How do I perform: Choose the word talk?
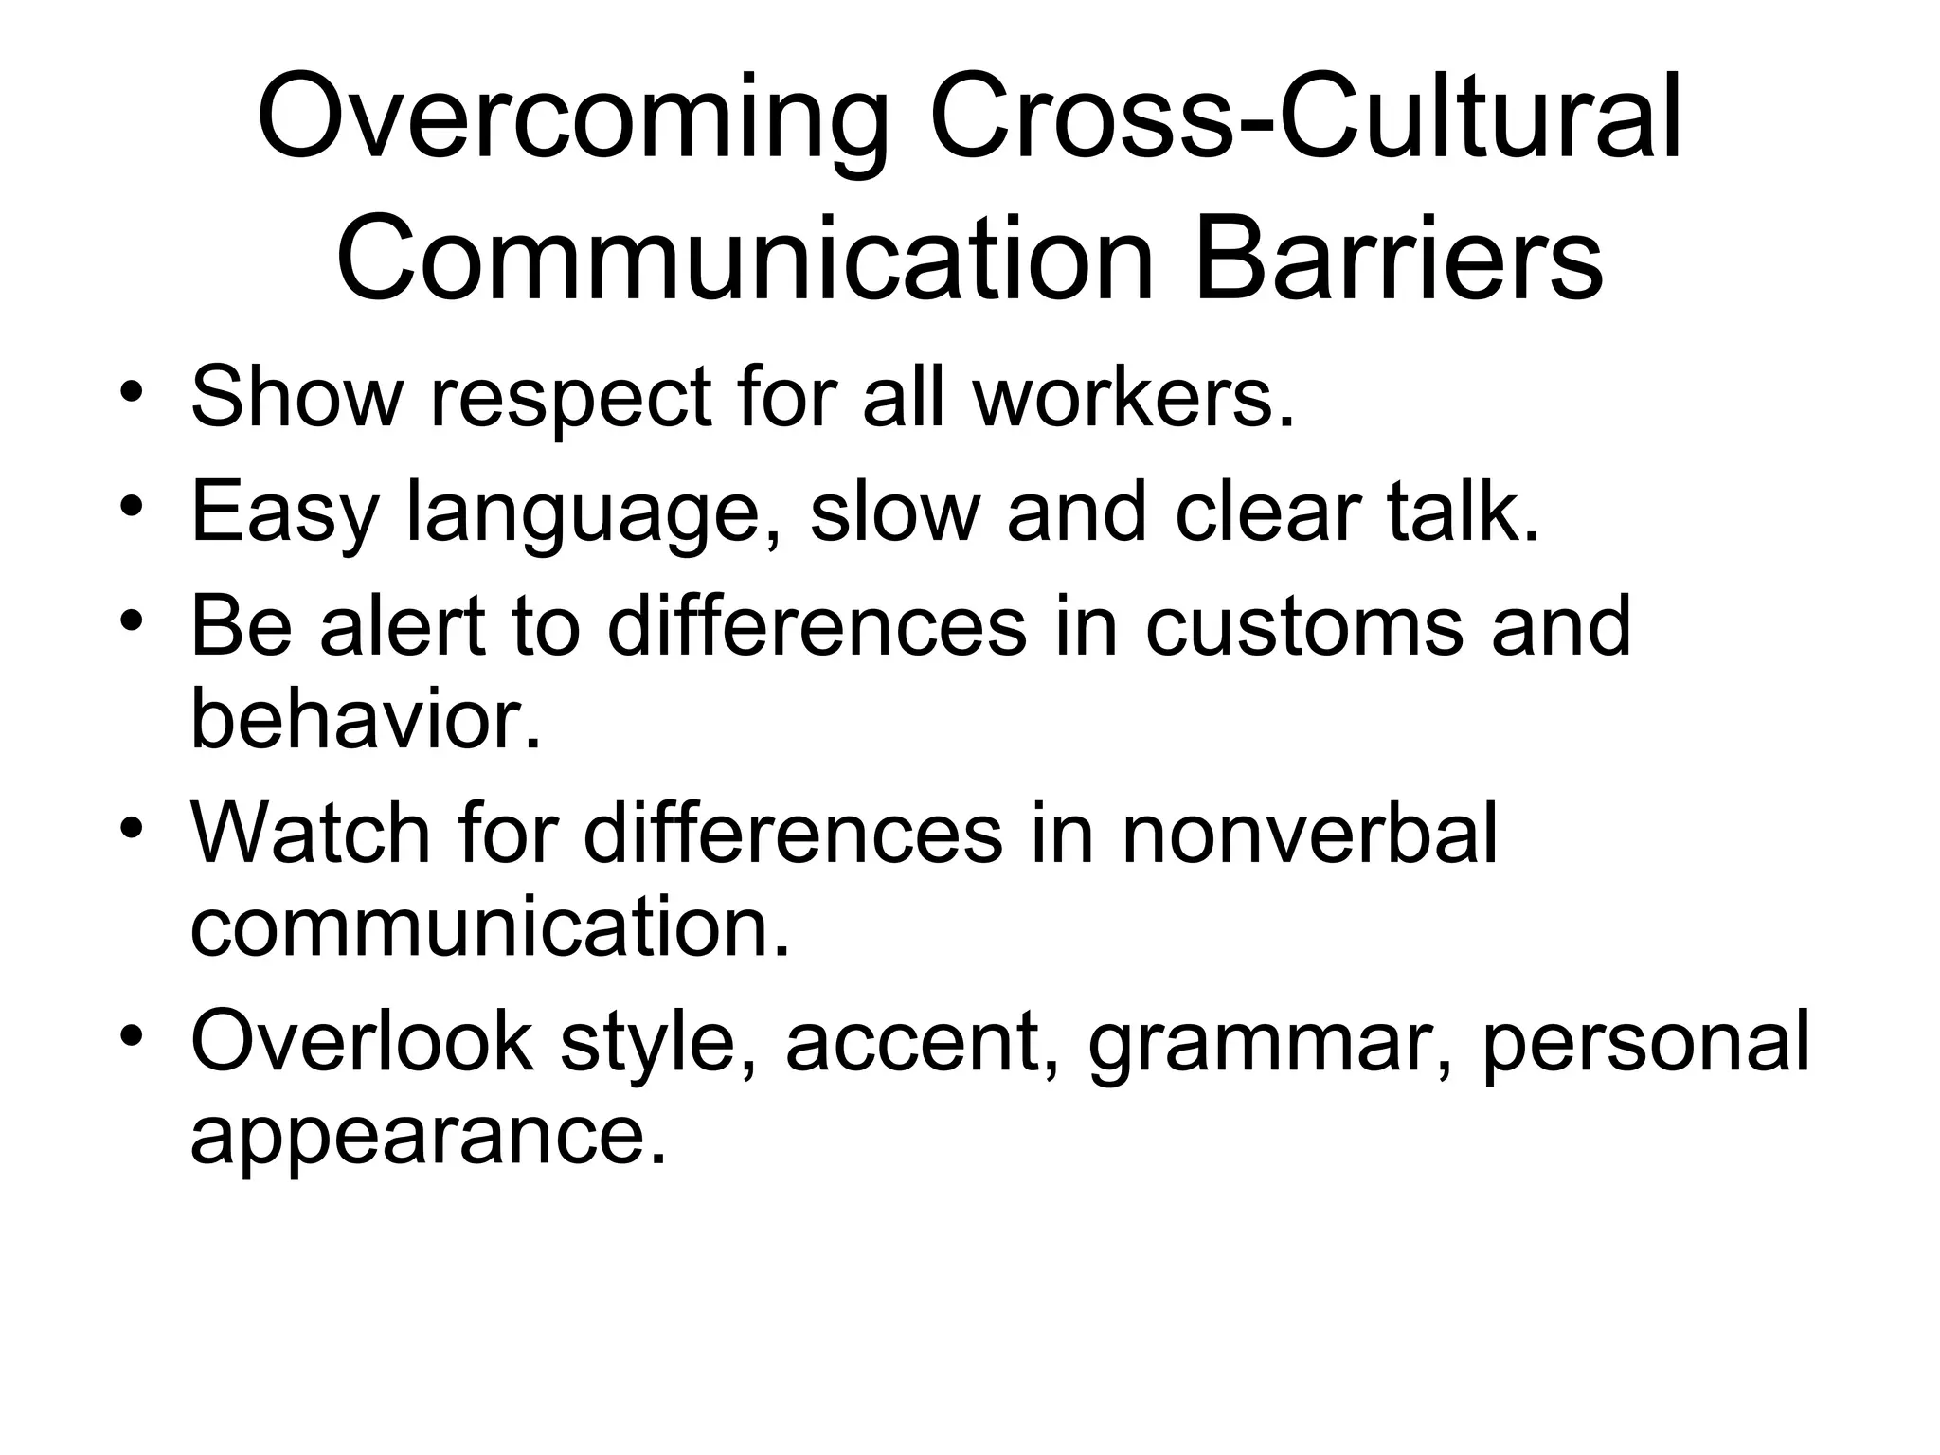click(1464, 512)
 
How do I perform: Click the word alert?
click(404, 625)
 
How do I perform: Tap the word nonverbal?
click(1310, 833)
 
